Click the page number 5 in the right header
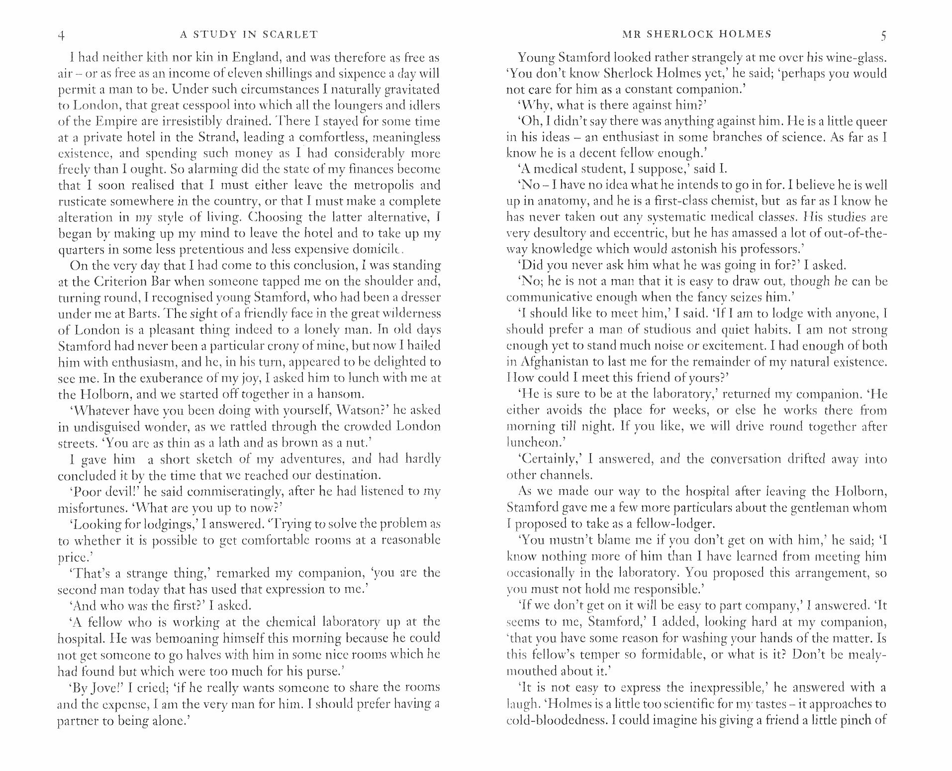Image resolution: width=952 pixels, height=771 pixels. point(883,35)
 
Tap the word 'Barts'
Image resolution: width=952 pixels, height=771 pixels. point(145,314)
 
